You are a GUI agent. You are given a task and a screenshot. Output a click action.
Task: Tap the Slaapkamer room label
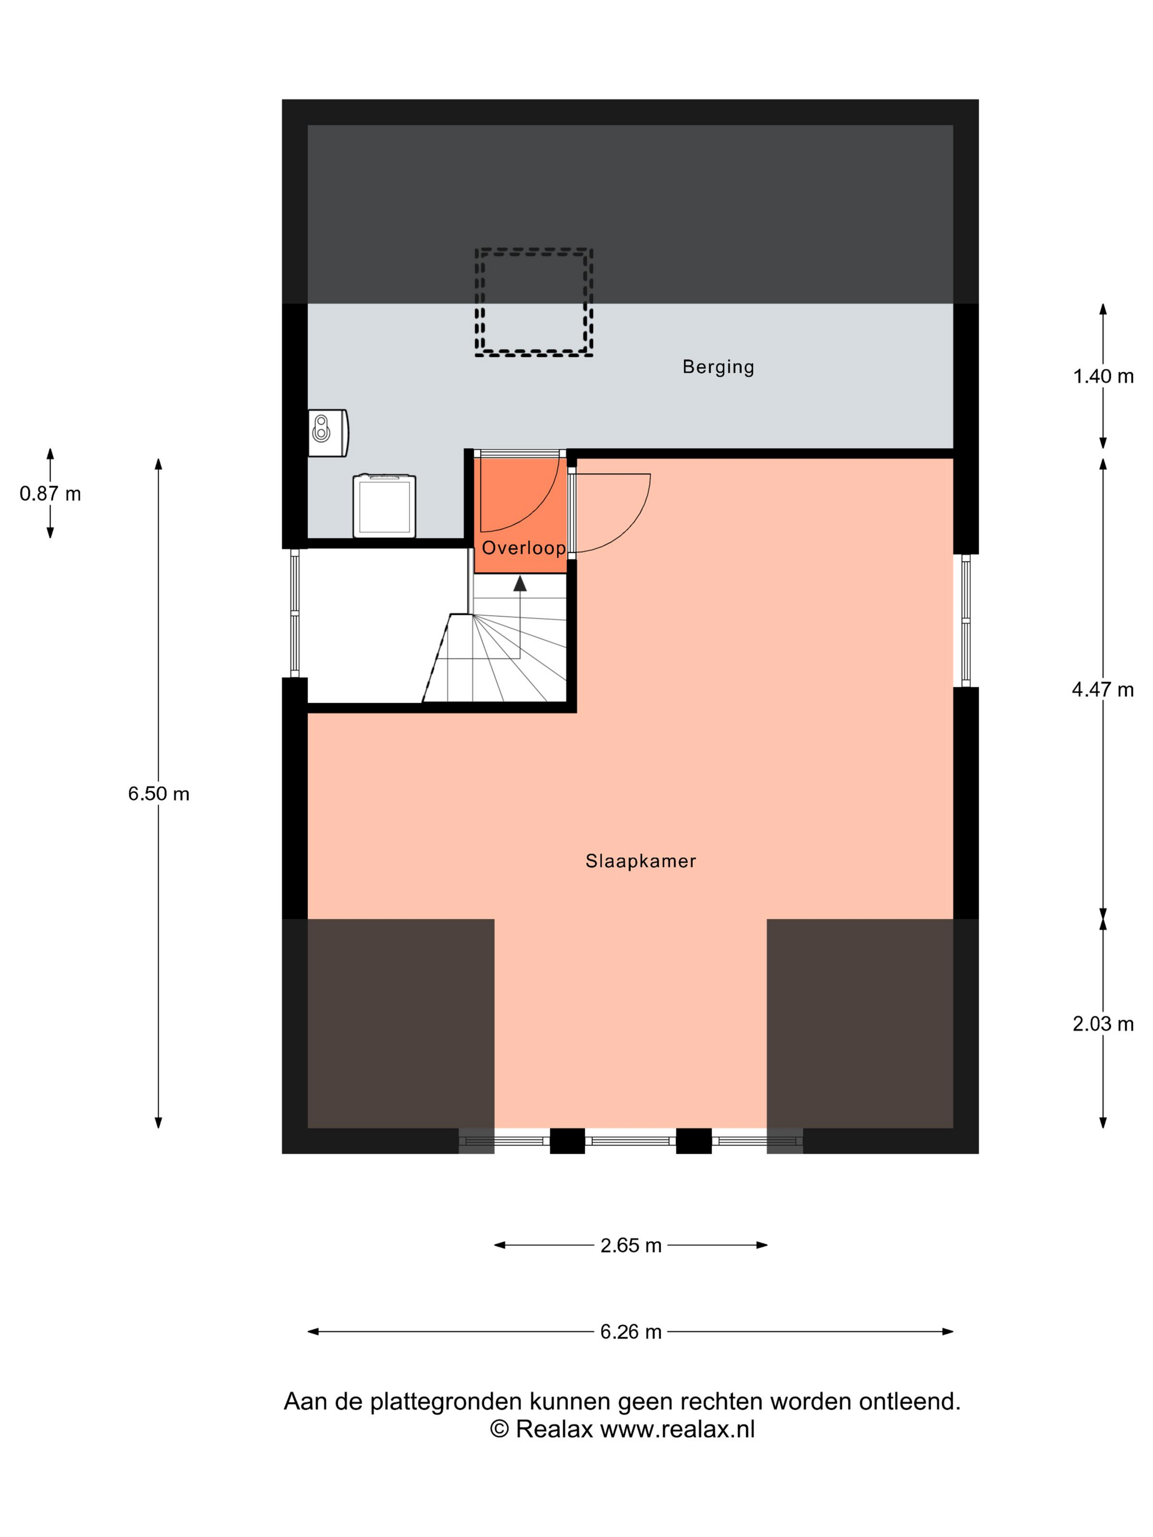tap(641, 862)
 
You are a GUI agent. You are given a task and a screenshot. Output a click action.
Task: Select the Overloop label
tap(524, 548)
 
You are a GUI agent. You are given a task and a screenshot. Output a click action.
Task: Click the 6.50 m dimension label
tap(159, 794)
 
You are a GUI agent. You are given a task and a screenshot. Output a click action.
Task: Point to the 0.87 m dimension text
tap(50, 493)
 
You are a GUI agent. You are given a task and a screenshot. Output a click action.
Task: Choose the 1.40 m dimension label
tap(1103, 377)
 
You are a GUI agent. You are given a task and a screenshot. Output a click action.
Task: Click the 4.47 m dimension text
tap(1103, 690)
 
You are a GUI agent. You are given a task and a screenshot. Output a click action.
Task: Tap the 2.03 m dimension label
tap(1103, 1024)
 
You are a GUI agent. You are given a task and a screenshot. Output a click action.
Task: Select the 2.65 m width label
tap(631, 1246)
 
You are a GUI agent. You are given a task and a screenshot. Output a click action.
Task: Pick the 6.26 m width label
tap(631, 1332)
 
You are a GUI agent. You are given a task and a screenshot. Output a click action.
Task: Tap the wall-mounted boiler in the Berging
tap(328, 433)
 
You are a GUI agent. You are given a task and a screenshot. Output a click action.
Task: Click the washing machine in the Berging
tap(384, 506)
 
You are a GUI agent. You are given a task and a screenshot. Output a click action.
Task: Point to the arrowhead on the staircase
tap(520, 583)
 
